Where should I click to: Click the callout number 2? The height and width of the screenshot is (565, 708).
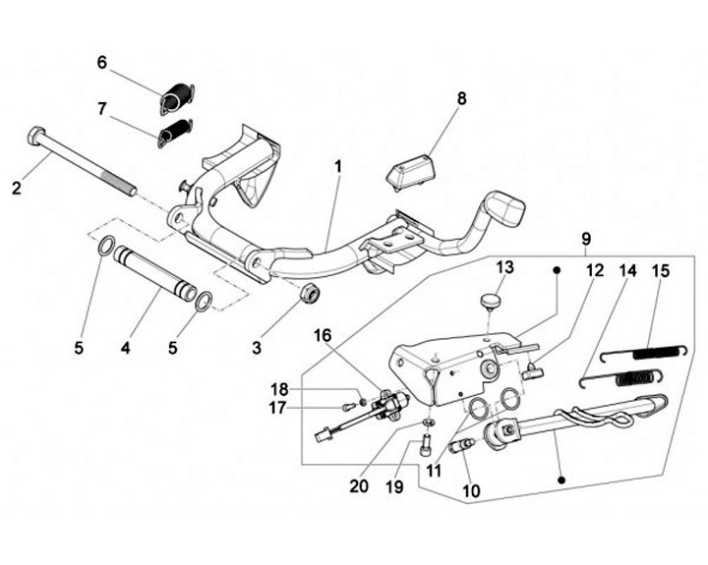click(x=16, y=189)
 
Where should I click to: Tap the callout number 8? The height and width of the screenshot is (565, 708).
click(x=461, y=98)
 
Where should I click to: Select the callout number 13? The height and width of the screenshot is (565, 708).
click(x=504, y=267)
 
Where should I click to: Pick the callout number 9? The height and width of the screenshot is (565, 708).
click(x=586, y=239)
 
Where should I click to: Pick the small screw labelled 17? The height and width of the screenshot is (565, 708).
click(x=347, y=405)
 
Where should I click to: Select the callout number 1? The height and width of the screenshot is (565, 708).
click(x=336, y=166)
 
